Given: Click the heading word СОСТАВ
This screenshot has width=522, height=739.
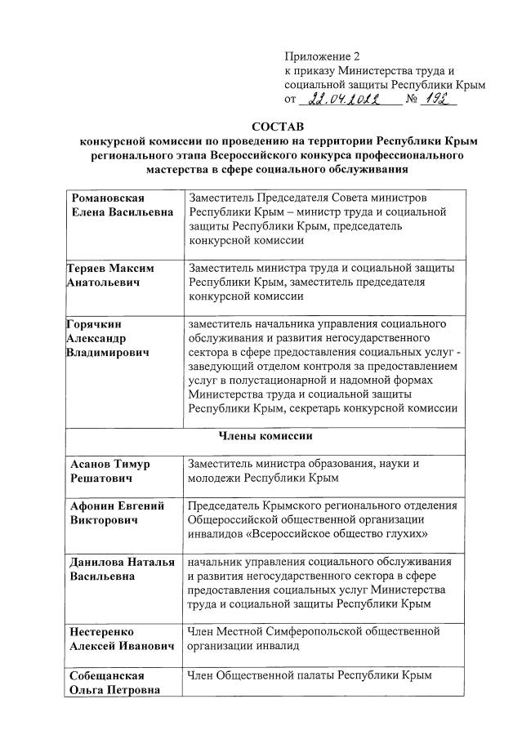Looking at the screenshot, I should (277, 127).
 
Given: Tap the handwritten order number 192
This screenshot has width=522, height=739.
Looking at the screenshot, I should (441, 98).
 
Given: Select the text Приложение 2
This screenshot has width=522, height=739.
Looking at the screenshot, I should (322, 56).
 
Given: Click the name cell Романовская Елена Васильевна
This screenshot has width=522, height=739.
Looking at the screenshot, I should (122, 206).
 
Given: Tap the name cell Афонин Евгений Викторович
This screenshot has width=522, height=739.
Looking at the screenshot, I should (118, 513).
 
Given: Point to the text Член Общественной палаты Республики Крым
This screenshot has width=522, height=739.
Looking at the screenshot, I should (309, 675).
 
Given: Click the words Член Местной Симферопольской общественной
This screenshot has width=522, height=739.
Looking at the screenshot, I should (314, 630).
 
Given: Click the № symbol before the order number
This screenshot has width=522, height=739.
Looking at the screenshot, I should (413, 100).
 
